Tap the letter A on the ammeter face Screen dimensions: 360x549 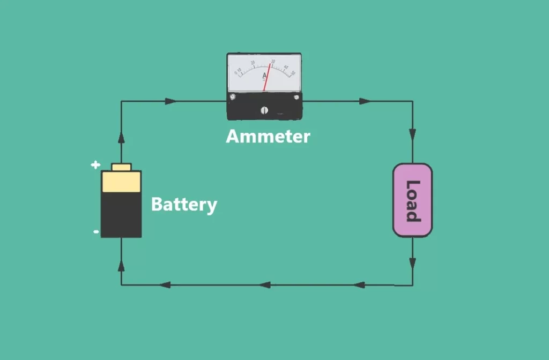(264, 76)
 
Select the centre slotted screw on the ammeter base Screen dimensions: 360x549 (264, 110)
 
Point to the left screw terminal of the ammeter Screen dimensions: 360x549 (233, 96)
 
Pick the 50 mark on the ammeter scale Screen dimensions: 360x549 (293, 73)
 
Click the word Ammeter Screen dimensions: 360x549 (268, 137)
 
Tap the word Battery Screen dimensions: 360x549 (184, 204)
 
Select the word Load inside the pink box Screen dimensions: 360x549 (412, 200)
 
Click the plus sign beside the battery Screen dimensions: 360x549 (95, 164)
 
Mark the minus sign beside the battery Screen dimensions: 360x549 (95, 231)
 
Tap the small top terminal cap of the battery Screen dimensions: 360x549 (121, 167)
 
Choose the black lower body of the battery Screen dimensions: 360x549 (121, 214)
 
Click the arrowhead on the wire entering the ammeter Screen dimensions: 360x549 (170, 101)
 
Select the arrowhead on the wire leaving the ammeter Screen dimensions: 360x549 (365, 101)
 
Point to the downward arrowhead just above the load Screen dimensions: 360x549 (412, 134)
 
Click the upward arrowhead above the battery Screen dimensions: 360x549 (121, 137)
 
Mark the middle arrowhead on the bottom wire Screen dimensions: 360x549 (265, 285)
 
